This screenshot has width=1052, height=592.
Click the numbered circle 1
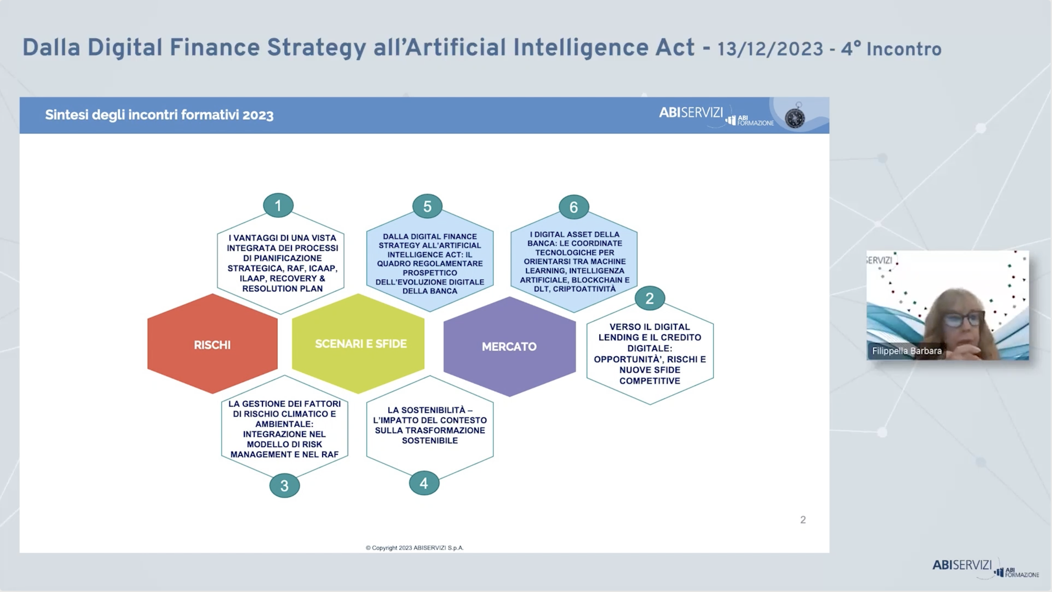(x=278, y=206)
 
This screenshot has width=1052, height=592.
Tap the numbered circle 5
(x=427, y=206)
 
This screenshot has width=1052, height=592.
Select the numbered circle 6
(x=574, y=207)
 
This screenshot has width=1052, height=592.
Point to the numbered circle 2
(x=650, y=298)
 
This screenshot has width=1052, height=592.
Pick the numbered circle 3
(x=285, y=485)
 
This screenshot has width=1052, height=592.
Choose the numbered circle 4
(x=424, y=483)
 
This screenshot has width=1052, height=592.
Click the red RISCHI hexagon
(x=212, y=344)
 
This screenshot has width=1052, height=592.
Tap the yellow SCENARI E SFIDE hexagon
(x=358, y=344)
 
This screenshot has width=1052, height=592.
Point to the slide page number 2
(x=803, y=520)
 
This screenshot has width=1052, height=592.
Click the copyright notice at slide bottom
(x=415, y=548)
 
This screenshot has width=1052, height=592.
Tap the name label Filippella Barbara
(x=907, y=351)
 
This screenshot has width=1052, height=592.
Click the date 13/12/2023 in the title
(x=770, y=49)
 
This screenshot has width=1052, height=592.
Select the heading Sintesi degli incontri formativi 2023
(x=159, y=115)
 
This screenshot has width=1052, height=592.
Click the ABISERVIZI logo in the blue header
(x=691, y=112)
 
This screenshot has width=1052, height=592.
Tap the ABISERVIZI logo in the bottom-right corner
(x=962, y=565)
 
